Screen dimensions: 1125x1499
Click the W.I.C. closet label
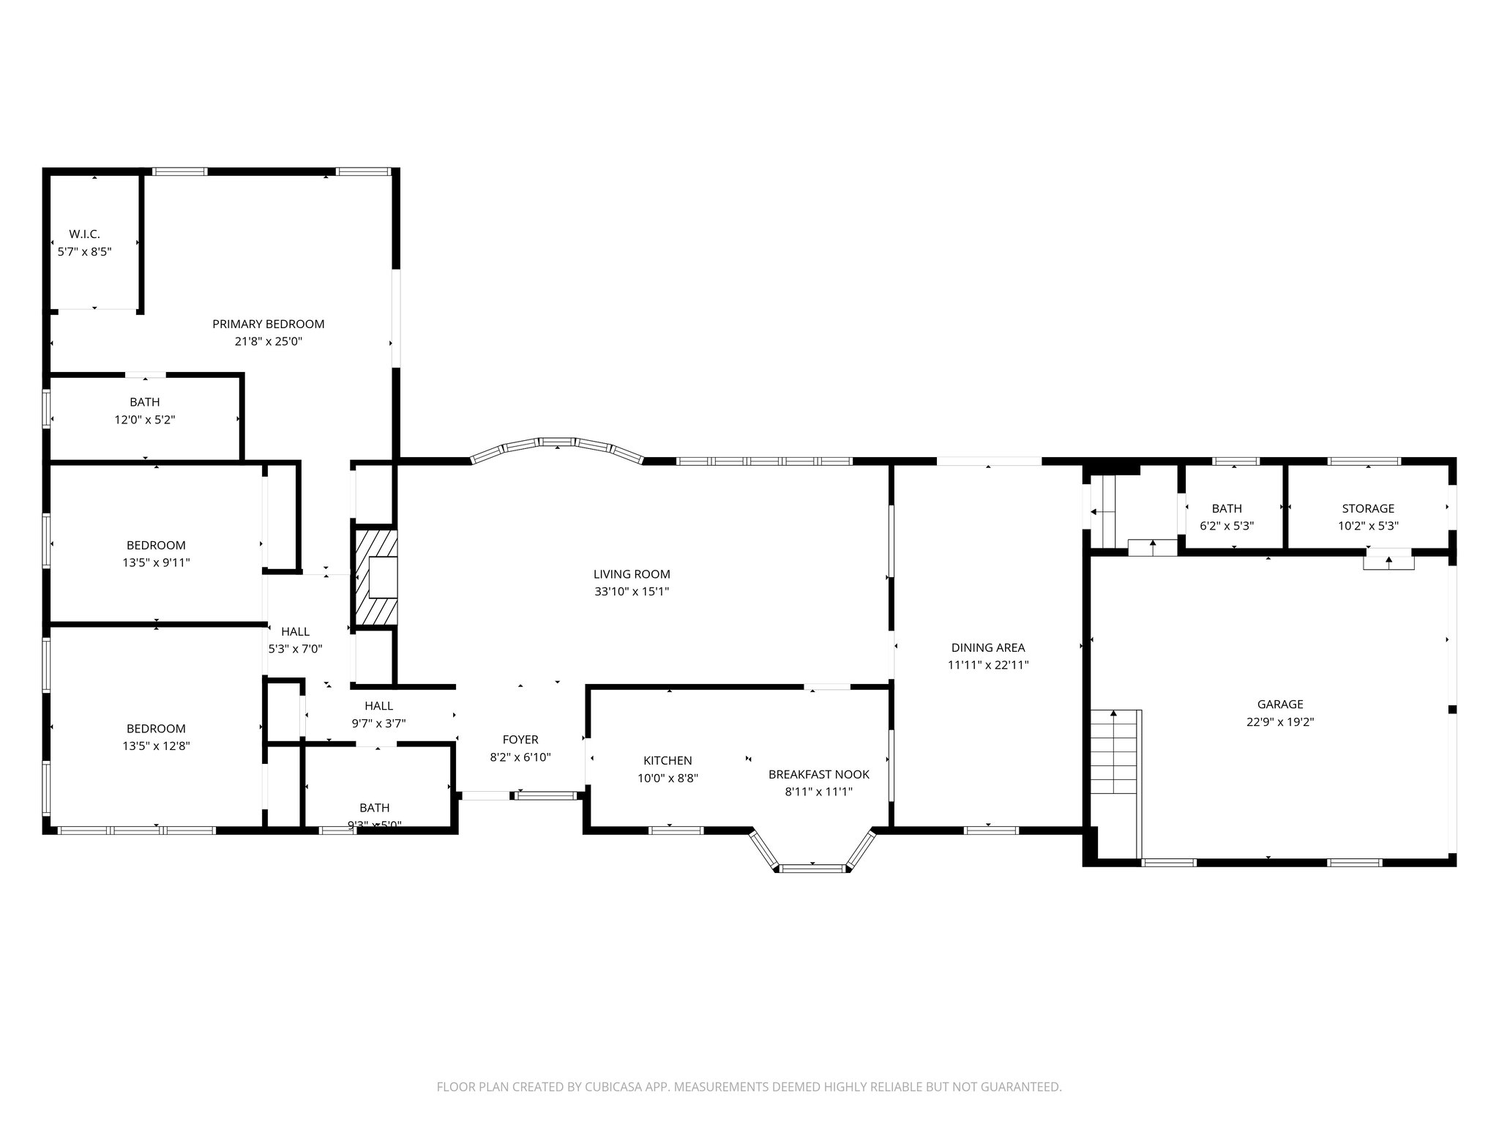[84, 234]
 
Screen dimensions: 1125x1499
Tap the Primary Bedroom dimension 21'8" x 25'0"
[268, 341]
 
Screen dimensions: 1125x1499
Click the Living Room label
[632, 574]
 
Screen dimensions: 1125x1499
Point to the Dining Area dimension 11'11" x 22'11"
[988, 665]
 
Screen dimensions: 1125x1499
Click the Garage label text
[1280, 704]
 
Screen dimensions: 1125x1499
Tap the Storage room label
[1368, 508]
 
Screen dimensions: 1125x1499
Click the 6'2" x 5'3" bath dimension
[1227, 525]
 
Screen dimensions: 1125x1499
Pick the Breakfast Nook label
[819, 774]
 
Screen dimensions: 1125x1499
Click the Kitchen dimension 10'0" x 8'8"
[668, 779]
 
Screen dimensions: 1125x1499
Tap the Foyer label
[520, 740]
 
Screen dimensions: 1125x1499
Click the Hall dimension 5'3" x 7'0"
[296, 649]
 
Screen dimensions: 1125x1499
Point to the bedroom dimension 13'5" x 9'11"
[157, 562]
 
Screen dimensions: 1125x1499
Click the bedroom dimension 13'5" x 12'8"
[157, 746]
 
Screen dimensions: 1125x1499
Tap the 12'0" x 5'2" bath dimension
[145, 420]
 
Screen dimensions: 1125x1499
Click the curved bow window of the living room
[558, 444]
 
